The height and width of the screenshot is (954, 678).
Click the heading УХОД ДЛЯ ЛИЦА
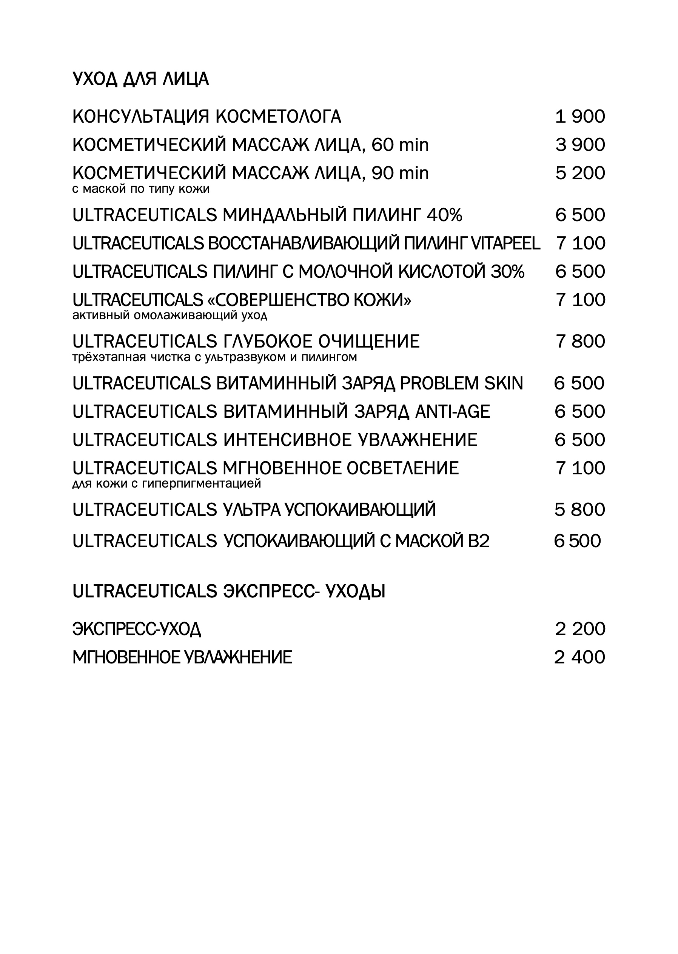tap(140, 79)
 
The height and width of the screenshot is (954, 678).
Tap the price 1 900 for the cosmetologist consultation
tap(580, 117)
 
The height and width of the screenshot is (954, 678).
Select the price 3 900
tap(580, 145)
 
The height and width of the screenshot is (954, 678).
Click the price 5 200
tap(580, 173)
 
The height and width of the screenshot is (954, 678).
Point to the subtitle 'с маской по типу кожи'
tap(141, 189)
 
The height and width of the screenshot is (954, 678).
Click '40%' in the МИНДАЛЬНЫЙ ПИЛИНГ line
tap(444, 215)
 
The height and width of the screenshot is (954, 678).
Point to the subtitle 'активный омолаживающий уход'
tap(169, 315)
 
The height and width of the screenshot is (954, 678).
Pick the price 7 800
tap(580, 342)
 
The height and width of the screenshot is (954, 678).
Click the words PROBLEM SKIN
tap(461, 383)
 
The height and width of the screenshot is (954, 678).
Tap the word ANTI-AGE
tap(452, 412)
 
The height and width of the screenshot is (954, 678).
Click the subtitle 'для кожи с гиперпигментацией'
tap(166, 484)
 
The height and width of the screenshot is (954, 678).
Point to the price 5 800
tap(579, 510)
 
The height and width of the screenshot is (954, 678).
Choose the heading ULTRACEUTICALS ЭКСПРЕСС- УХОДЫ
tap(229, 592)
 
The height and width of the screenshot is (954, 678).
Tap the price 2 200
tap(580, 629)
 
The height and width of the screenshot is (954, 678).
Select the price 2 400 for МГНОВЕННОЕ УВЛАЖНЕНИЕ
tap(579, 657)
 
